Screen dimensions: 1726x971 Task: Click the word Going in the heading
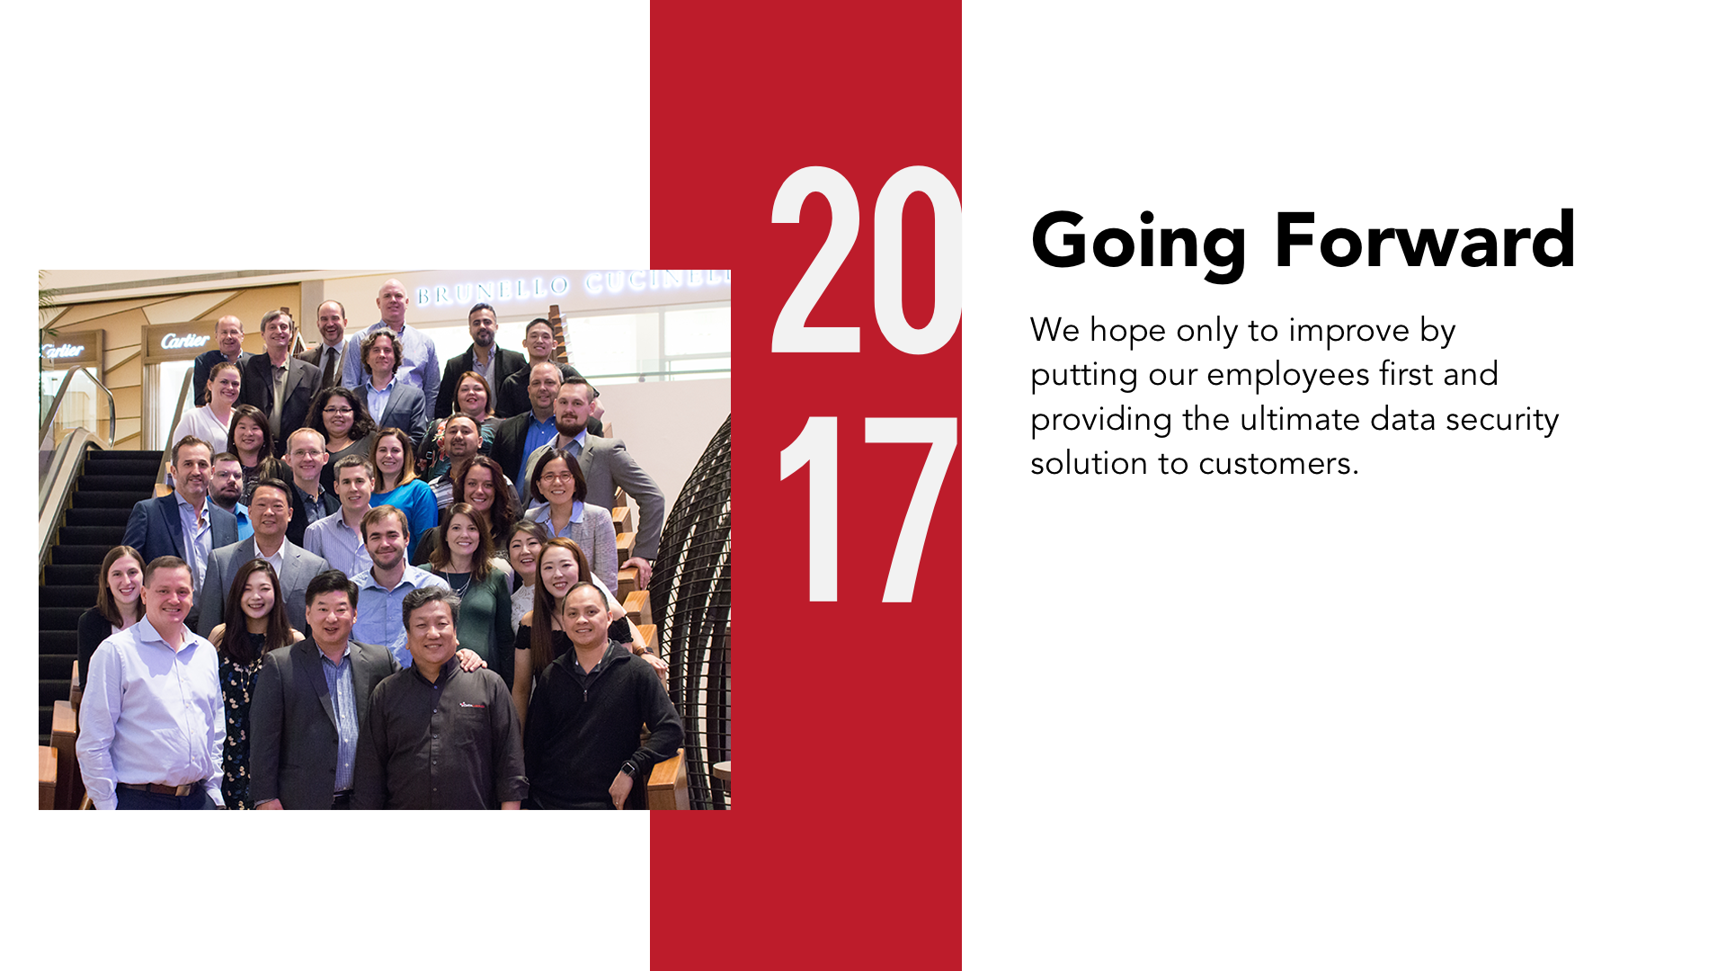tap(1138, 241)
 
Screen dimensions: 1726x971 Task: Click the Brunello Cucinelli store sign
tap(573, 286)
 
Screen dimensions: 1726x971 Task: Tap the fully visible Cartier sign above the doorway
tap(185, 341)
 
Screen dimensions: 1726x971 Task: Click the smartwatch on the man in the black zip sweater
tap(628, 770)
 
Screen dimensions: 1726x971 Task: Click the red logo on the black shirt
tap(472, 706)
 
